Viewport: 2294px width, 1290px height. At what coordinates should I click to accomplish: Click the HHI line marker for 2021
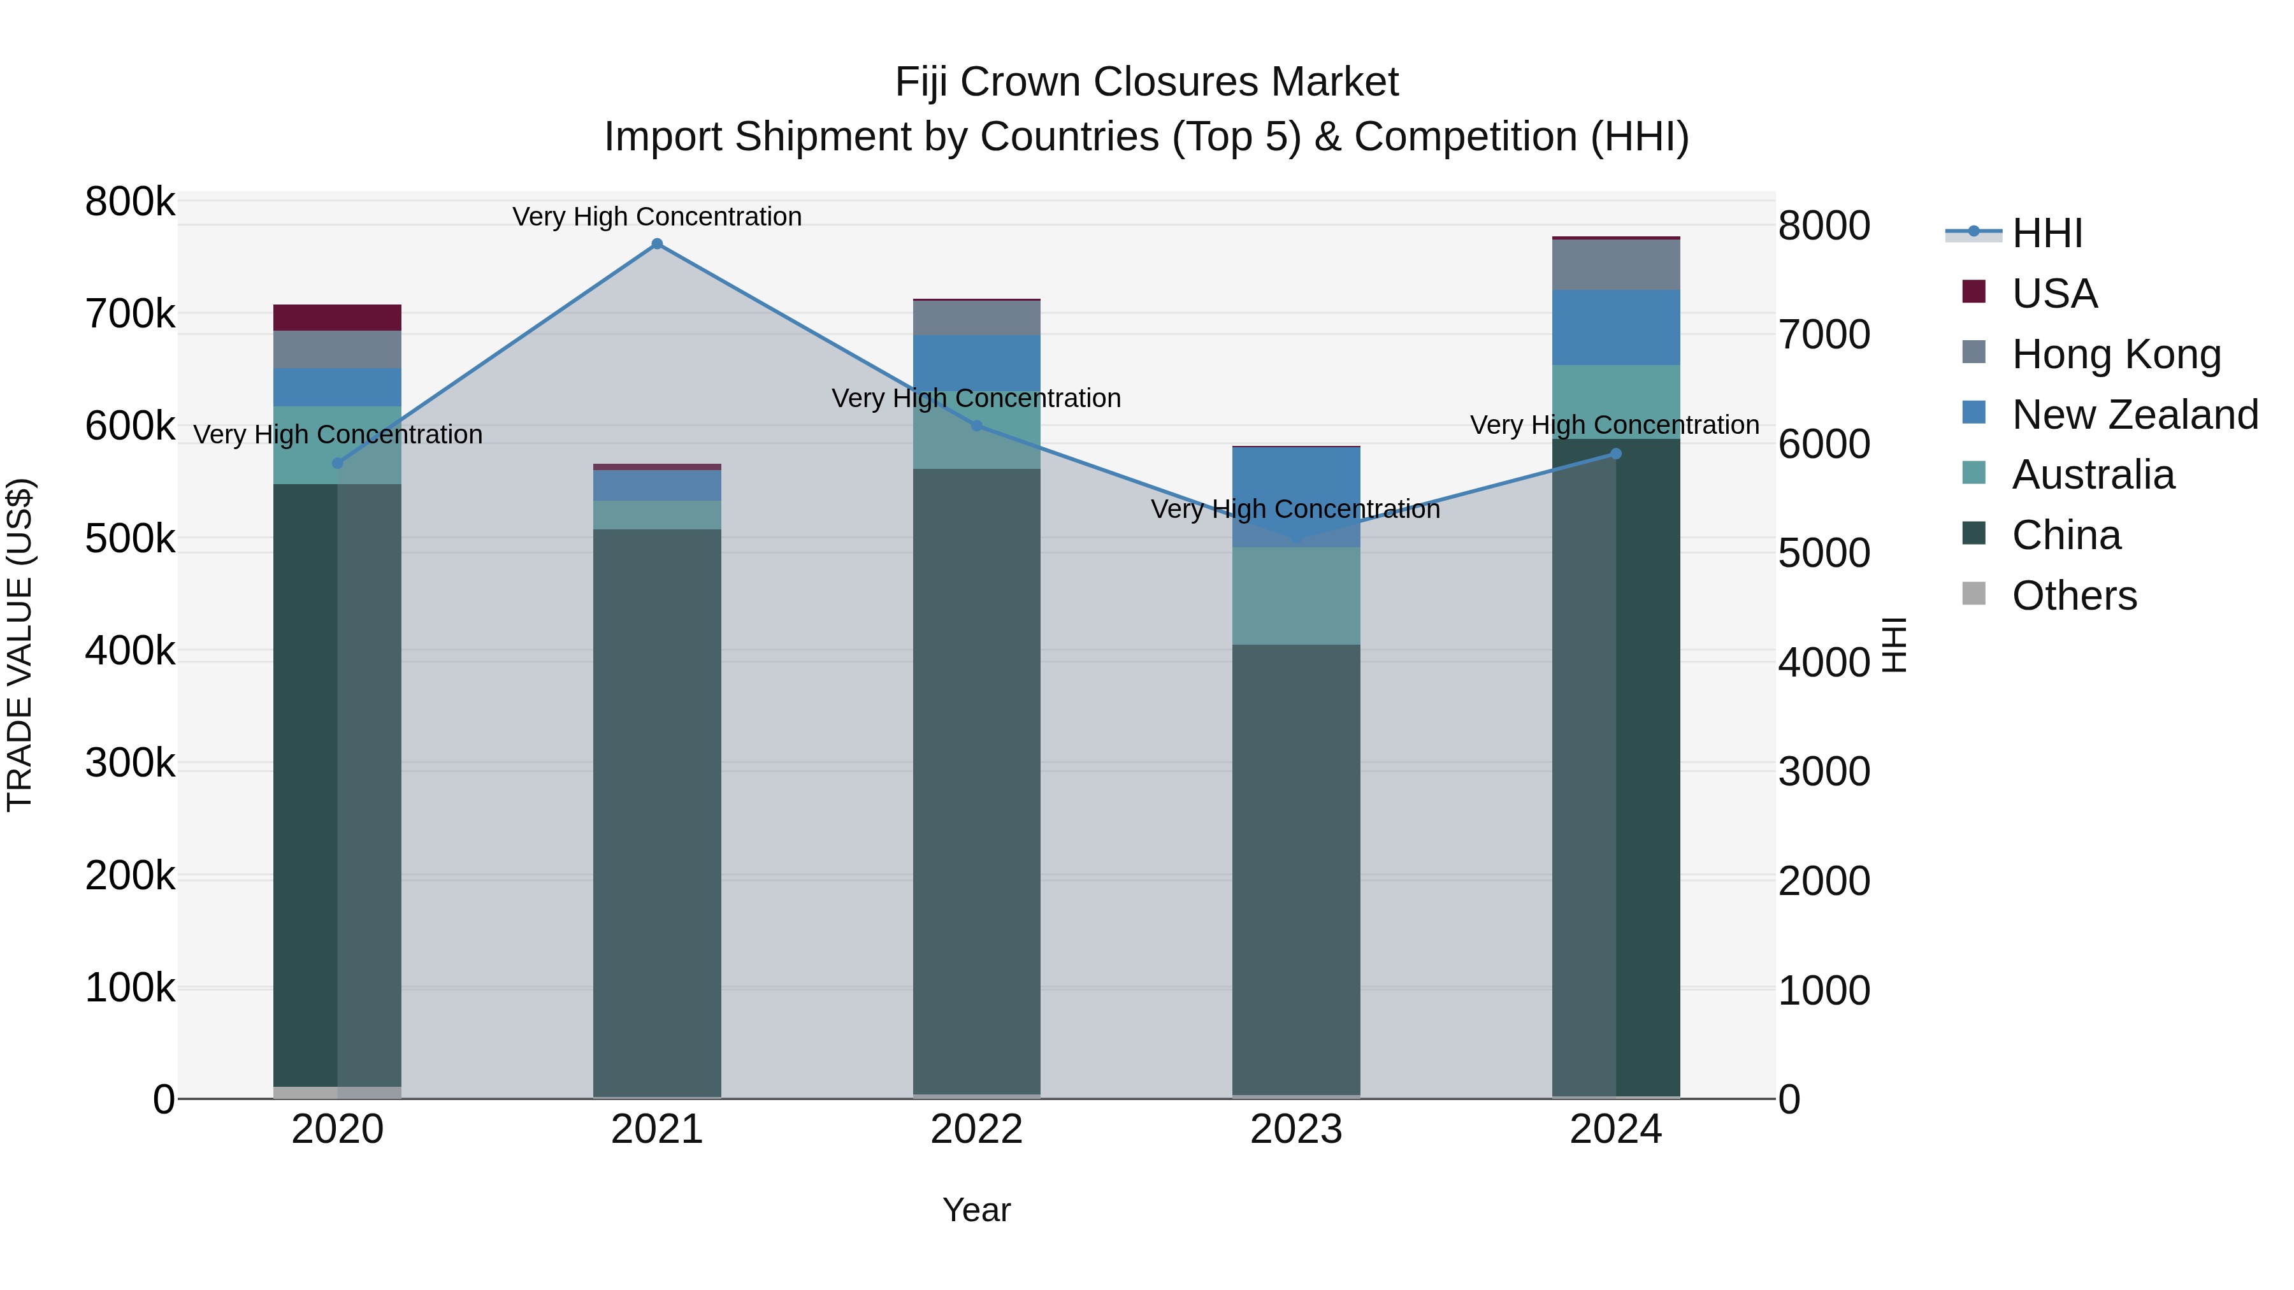pyautogui.click(x=657, y=244)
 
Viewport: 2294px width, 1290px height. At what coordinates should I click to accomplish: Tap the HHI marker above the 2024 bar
pyautogui.click(x=1616, y=454)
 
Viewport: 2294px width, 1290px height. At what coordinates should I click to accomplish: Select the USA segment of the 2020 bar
pyautogui.click(x=338, y=318)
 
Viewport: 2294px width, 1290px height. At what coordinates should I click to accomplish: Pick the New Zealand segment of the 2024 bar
pyautogui.click(x=1616, y=327)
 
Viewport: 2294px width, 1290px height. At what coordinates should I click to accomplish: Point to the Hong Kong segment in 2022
pyautogui.click(x=977, y=318)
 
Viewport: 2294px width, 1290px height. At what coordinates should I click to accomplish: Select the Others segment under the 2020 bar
pyautogui.click(x=338, y=1093)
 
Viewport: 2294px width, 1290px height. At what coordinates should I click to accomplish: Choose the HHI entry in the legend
pyautogui.click(x=2046, y=233)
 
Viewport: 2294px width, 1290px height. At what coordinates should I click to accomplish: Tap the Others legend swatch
pyautogui.click(x=1974, y=594)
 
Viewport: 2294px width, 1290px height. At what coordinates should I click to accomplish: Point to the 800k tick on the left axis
pyautogui.click(x=130, y=202)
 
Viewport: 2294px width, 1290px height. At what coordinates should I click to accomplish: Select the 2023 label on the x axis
pyautogui.click(x=1295, y=1129)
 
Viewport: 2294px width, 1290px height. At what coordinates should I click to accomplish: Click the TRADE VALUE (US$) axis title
pyautogui.click(x=20, y=645)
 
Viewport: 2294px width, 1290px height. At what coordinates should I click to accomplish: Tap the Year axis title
pyautogui.click(x=976, y=1210)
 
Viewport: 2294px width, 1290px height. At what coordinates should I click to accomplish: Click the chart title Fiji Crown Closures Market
pyautogui.click(x=1146, y=82)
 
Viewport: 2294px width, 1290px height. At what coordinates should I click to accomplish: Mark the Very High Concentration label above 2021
pyautogui.click(x=657, y=217)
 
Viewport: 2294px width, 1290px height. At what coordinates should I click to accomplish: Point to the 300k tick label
pyautogui.click(x=130, y=764)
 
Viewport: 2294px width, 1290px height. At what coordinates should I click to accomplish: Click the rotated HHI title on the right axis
pyautogui.click(x=1894, y=645)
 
